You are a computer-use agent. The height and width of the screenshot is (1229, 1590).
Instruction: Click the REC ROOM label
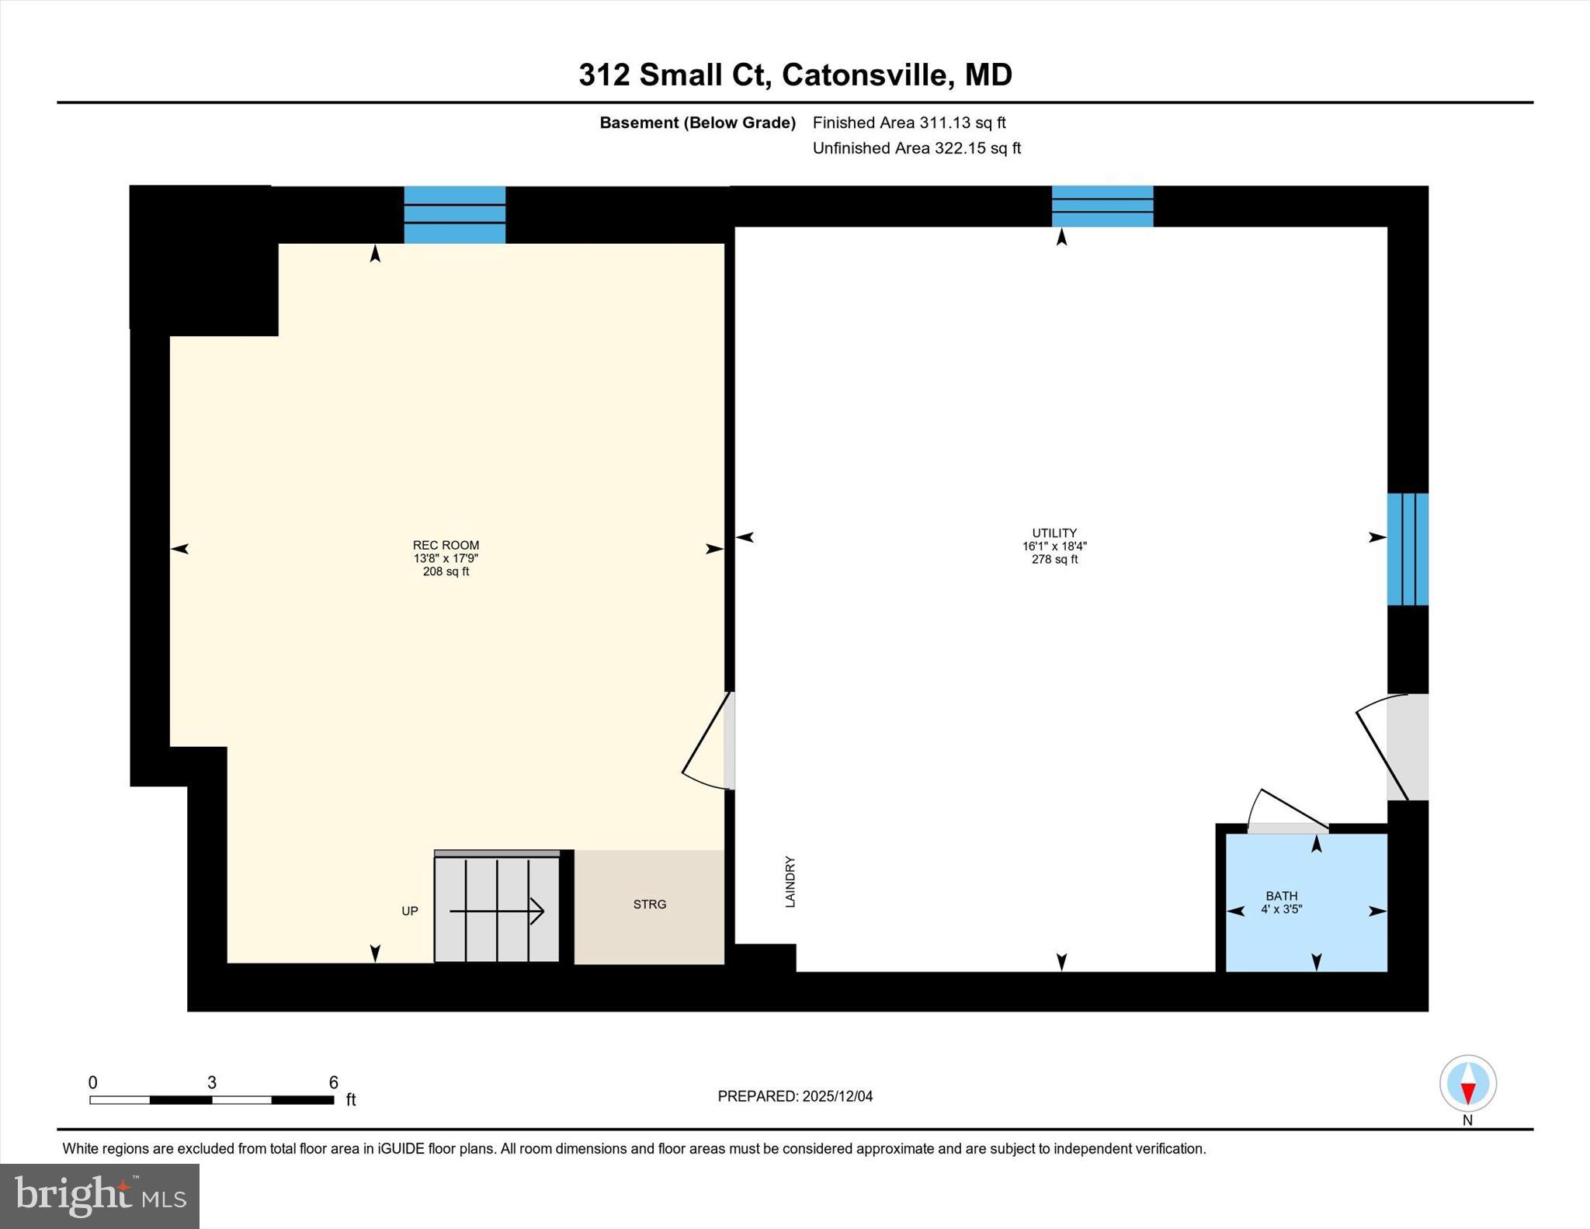[446, 545]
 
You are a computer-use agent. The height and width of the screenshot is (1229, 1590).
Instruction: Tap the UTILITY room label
[1054, 533]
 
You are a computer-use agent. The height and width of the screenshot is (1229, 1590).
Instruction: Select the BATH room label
[1281, 896]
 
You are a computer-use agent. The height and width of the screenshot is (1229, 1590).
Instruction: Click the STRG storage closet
[649, 904]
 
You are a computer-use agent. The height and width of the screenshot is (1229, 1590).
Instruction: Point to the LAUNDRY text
[790, 882]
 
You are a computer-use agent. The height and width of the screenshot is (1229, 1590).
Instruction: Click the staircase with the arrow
[497, 909]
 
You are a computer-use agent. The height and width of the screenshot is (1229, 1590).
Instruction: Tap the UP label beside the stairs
[410, 911]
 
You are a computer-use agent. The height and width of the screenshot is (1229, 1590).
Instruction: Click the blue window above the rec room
[455, 214]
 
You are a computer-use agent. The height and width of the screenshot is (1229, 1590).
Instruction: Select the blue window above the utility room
[1102, 206]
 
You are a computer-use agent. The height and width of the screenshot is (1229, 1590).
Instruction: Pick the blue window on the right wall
[1408, 549]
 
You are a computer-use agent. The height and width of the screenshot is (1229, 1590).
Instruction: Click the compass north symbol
[1467, 1083]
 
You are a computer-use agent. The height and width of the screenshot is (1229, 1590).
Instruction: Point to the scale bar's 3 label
[212, 1082]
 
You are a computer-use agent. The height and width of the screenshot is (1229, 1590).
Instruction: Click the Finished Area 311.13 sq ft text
[909, 123]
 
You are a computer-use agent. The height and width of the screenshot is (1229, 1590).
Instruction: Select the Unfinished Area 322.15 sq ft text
[916, 148]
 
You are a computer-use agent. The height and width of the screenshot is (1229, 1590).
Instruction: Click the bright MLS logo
[99, 1196]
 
